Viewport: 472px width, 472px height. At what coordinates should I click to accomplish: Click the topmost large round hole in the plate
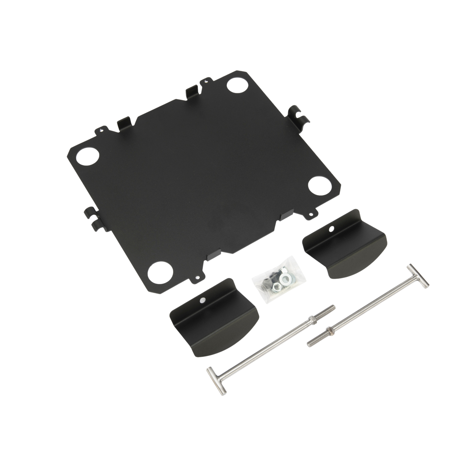236,86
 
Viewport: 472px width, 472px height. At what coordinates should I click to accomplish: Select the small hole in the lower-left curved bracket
203,300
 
